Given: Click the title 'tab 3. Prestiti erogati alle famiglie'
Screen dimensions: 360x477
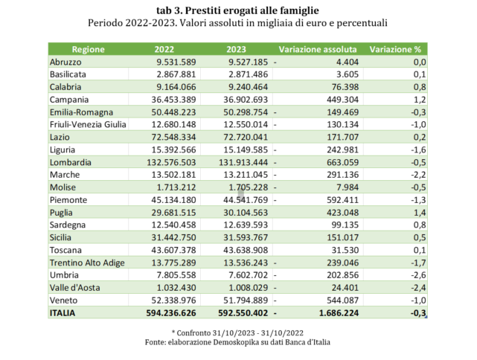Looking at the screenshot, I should click(238, 10).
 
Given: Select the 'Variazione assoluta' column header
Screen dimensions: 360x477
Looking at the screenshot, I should click(317, 50).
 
